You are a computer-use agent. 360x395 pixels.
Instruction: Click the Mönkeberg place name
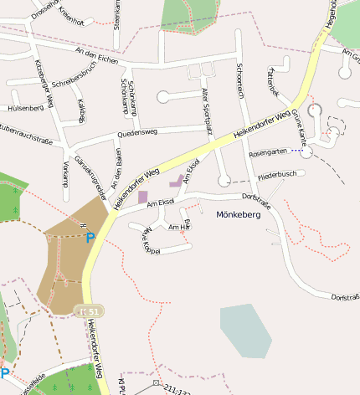239,215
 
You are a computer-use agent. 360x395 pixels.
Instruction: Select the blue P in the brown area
90,238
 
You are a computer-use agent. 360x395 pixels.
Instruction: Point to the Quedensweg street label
137,132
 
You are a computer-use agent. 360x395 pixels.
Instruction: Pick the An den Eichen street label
97,56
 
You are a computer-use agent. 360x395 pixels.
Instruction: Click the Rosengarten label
268,152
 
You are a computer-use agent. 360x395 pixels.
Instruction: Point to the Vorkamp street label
64,172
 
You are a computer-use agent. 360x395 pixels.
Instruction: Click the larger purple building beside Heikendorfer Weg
142,196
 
